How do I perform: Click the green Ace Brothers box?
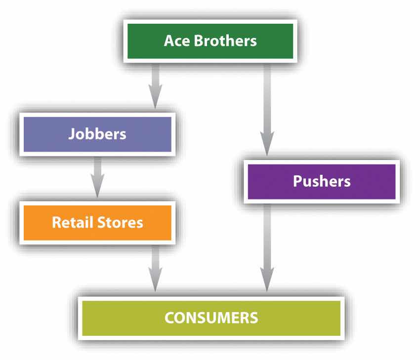click(x=210, y=40)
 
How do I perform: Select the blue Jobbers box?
click(x=97, y=133)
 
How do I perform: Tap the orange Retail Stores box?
click(x=97, y=222)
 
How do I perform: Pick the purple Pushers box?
click(x=321, y=181)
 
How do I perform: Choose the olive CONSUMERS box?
click(x=211, y=317)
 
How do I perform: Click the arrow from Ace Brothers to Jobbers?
click(x=156, y=84)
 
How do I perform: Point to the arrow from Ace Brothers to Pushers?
click(x=267, y=109)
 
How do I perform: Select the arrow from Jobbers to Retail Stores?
click(x=97, y=175)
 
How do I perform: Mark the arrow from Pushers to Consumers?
click(x=267, y=247)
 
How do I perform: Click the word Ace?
click(x=177, y=40)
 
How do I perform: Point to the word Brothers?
click(x=226, y=40)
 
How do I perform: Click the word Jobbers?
click(x=97, y=133)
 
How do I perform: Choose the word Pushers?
click(x=321, y=181)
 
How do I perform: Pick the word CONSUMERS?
click(x=211, y=317)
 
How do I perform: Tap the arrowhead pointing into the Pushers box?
click(x=267, y=147)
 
